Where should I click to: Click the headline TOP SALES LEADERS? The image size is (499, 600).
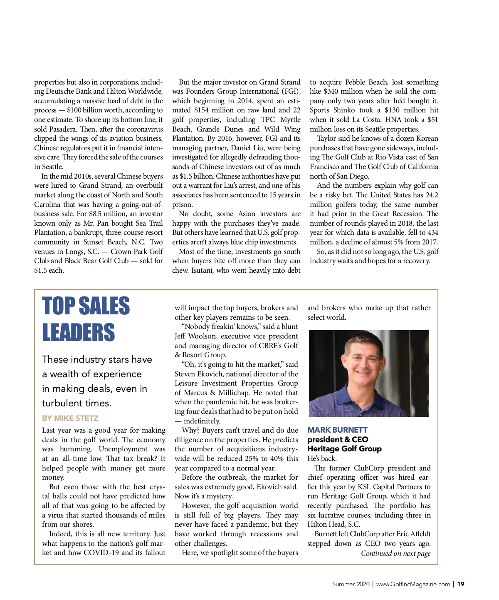(x=86, y=319)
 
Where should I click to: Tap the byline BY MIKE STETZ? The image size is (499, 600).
(x=70, y=418)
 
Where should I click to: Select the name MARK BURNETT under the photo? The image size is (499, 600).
(x=337, y=430)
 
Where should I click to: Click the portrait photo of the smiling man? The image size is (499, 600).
(x=369, y=373)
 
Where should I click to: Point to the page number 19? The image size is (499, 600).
(x=461, y=584)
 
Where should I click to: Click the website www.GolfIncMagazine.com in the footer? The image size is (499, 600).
(x=413, y=584)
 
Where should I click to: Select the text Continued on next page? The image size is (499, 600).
(x=395, y=553)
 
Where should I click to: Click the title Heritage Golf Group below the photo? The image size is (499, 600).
(x=344, y=448)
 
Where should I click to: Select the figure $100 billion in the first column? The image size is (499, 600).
(x=87, y=110)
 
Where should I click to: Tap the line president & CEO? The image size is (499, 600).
(x=338, y=439)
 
